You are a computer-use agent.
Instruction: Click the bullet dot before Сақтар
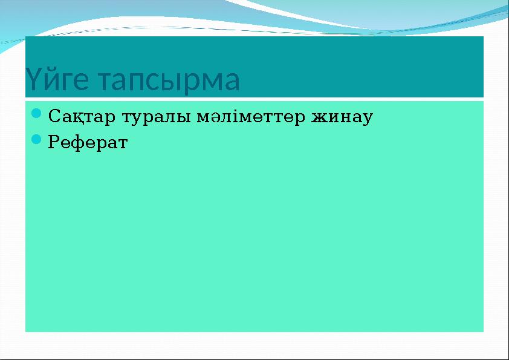tap(36, 113)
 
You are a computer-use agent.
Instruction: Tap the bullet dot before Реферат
tap(36, 141)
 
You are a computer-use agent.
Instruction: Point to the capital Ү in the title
tap(32, 80)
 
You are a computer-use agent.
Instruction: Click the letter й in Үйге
tap(48, 80)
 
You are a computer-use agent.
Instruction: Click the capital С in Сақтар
tap(53, 115)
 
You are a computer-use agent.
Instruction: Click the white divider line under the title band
tap(254, 99)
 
